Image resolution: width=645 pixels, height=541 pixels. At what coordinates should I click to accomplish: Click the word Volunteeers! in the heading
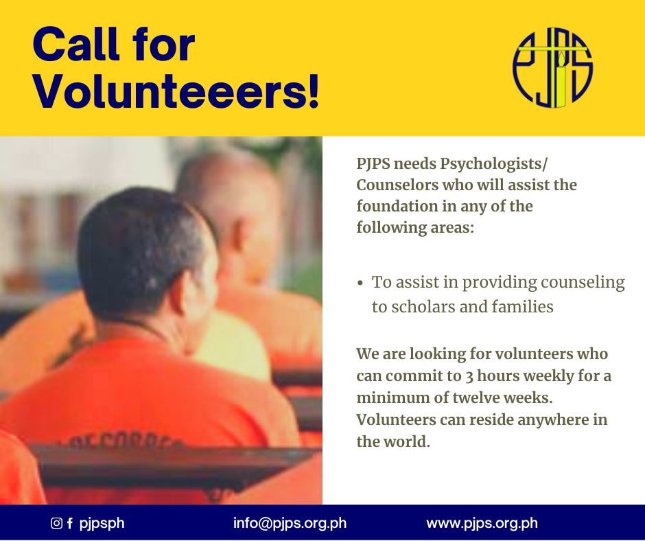176,91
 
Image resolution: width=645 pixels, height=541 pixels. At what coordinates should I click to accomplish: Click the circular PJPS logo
552,67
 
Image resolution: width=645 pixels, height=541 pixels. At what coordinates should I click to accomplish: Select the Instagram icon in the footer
56,523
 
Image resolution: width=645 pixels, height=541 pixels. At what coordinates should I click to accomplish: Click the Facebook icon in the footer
70,523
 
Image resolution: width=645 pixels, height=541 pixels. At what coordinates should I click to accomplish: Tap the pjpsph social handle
102,524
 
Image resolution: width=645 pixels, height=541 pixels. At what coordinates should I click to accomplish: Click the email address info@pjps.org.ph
290,523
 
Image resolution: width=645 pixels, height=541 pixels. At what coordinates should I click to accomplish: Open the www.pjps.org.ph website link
482,523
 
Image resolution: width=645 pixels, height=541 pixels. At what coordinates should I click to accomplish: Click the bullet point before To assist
360,283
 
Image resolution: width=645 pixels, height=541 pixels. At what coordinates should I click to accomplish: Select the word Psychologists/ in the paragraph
493,164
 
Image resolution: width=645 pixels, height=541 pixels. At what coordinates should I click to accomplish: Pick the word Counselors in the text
397,185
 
